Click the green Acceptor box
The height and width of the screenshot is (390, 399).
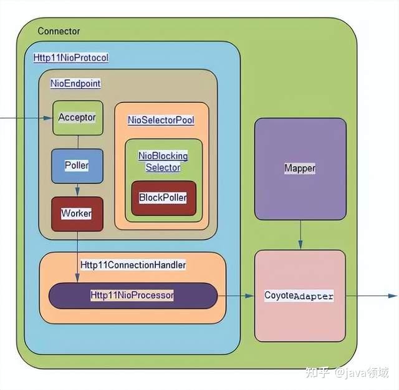(x=77, y=117)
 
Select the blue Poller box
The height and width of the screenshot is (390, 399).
(x=77, y=166)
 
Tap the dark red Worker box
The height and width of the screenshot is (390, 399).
(x=77, y=213)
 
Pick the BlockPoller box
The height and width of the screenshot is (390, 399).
(x=163, y=198)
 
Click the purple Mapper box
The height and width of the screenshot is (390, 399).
(x=300, y=168)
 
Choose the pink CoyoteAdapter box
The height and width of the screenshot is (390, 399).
(x=299, y=296)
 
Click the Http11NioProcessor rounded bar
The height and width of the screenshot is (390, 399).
(x=133, y=295)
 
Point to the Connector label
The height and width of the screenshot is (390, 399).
(x=59, y=31)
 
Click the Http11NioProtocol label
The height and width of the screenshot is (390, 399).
(x=70, y=57)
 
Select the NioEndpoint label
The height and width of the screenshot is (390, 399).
(x=75, y=83)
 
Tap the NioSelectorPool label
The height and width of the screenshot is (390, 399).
(x=161, y=119)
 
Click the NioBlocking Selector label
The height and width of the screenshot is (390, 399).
(x=163, y=162)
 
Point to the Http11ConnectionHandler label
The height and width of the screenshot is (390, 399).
(x=133, y=265)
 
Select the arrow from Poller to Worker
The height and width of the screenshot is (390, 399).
(x=77, y=190)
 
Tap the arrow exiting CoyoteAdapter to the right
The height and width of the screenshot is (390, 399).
(x=370, y=296)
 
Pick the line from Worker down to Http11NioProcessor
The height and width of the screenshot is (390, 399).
(x=77, y=256)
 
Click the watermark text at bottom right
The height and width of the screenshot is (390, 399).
(x=353, y=373)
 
